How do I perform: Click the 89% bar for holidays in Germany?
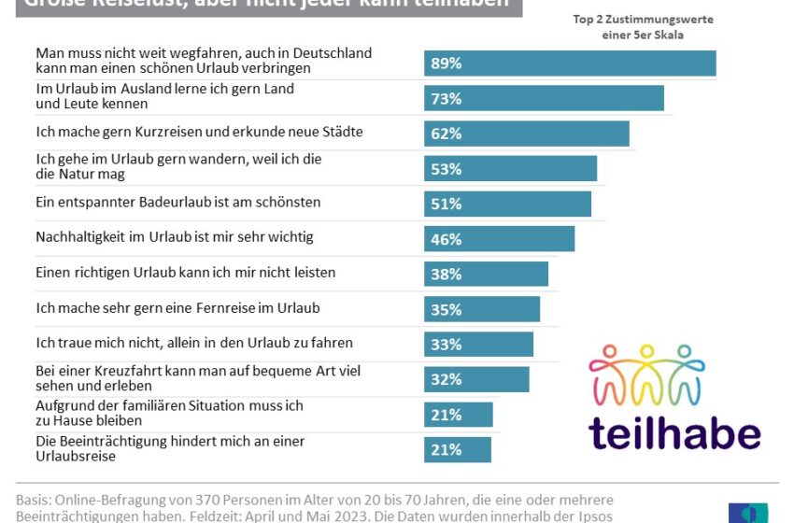coord(570,64)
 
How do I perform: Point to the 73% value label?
coord(446,99)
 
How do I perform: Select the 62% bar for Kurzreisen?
coord(526,134)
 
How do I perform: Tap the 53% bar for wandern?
coord(510,169)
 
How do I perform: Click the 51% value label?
coord(446,204)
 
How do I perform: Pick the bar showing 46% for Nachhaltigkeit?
coord(499,239)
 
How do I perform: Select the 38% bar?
coord(486,274)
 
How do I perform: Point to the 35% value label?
coord(446,309)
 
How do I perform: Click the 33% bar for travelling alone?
coord(478,344)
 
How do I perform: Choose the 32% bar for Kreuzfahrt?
coord(476,379)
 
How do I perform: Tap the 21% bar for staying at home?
coord(458,415)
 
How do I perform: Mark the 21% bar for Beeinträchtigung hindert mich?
coord(458,449)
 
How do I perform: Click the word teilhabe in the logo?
coord(674,432)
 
